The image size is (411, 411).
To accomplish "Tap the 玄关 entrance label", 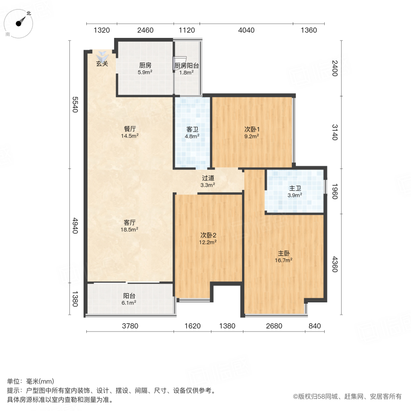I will (102, 64).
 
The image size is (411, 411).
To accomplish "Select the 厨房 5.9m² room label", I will (145, 68).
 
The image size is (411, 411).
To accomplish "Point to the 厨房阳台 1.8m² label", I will (187, 69).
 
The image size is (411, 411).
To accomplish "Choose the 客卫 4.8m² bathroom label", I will (191, 132).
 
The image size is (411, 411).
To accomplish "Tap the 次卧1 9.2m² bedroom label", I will (252, 132).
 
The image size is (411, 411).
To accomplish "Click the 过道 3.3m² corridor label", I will (208, 181).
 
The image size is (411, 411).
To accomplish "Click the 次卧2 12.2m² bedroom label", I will (208, 238).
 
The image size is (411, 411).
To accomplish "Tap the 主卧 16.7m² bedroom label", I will (285, 257).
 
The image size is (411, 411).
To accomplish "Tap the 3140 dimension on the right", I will (334, 132).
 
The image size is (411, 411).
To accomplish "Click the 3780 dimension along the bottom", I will (130, 326).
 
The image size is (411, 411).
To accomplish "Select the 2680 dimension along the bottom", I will (274, 326).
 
